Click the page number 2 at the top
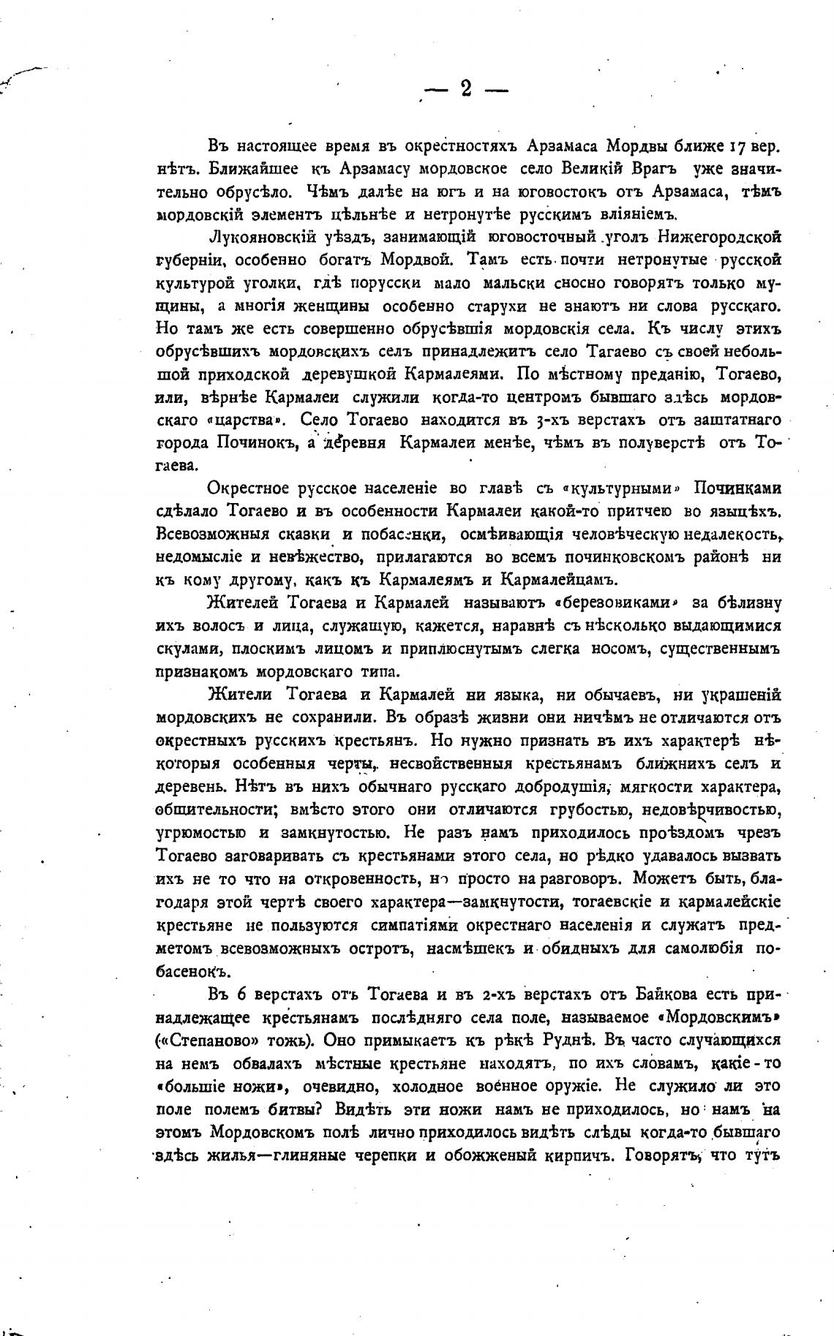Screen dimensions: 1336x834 coord(466,89)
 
